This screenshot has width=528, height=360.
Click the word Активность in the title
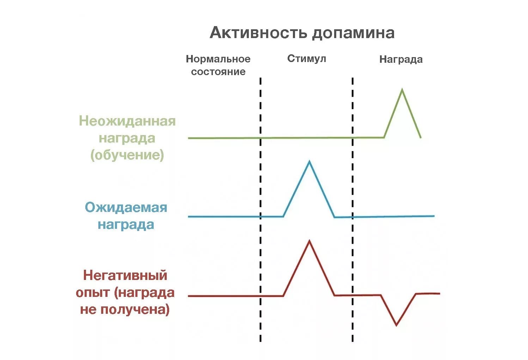259,33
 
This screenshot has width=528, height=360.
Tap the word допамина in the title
353,33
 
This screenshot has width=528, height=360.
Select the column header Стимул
306,58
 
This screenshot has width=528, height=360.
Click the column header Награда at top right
401,59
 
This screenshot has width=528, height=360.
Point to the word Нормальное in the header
218,59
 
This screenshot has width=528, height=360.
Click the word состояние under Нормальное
218,72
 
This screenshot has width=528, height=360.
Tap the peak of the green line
402,90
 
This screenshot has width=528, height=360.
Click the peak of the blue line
309,161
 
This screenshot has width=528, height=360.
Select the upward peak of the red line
309,241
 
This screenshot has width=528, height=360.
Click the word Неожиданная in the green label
127,121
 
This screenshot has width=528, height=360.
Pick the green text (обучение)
127,155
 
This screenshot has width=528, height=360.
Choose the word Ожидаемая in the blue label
126,207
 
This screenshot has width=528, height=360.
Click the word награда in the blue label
126,225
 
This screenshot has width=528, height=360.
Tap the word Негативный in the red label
125,275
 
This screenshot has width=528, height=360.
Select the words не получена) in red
125,309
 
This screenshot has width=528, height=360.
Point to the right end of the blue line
434,216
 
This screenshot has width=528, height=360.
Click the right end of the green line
420,137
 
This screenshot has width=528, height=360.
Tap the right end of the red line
439,293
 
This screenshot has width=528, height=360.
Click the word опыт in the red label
92,292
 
